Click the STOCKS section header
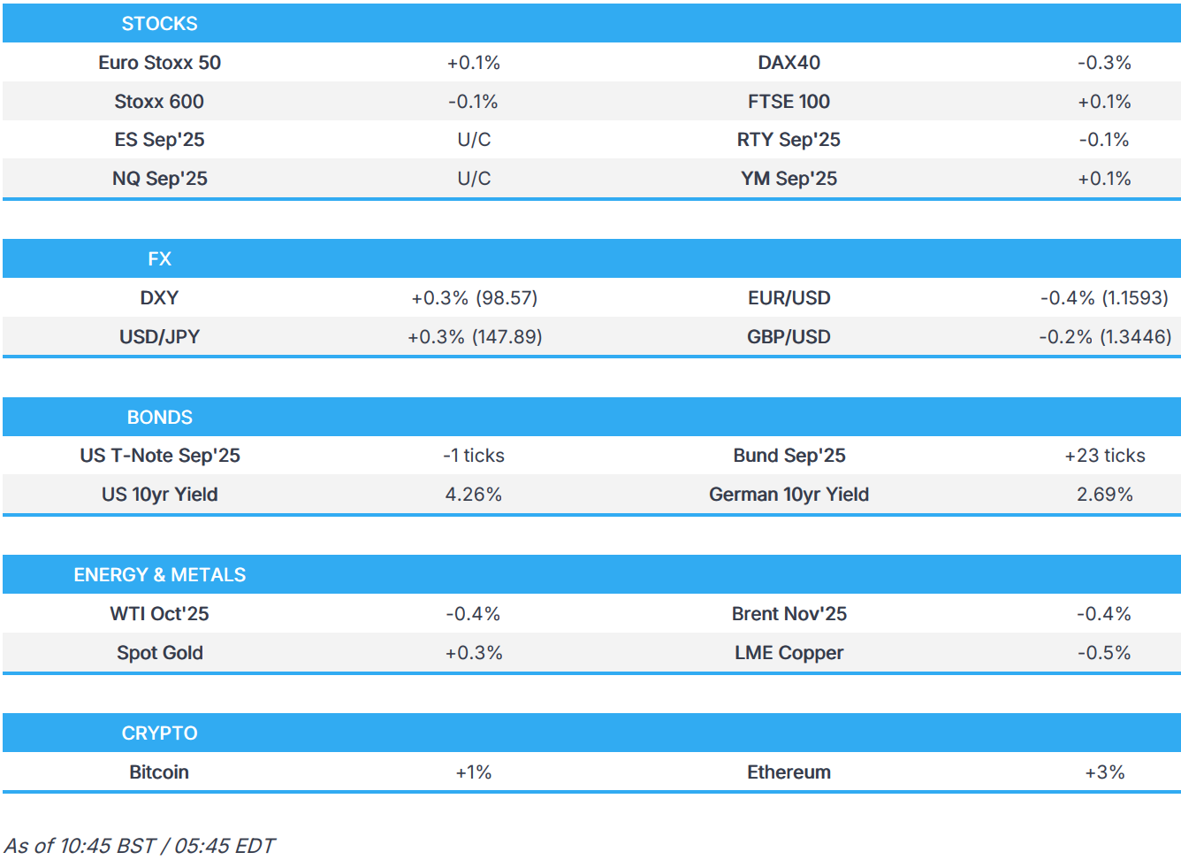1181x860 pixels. tap(159, 24)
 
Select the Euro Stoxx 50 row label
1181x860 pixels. tap(159, 63)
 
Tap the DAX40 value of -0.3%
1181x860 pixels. tap(1104, 63)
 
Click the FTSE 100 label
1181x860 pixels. tap(789, 102)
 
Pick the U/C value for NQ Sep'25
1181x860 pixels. tap(474, 179)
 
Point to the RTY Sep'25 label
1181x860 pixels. tap(789, 140)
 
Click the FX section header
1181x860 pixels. tap(159, 259)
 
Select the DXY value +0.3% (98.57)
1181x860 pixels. tap(474, 298)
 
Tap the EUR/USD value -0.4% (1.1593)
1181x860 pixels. tap(1104, 298)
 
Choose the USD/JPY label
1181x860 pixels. tap(159, 337)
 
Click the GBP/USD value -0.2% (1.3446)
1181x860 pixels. tap(1104, 337)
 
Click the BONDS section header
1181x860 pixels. tap(159, 418)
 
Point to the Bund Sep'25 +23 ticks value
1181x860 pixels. tap(1104, 456)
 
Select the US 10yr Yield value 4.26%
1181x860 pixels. tap(474, 495)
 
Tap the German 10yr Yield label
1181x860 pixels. tap(789, 495)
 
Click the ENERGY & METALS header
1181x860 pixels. tap(159, 575)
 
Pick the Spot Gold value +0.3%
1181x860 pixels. tap(474, 653)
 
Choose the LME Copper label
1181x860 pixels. tap(789, 653)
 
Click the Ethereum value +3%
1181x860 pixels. tap(1104, 772)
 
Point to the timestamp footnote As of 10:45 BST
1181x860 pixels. tap(140, 846)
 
